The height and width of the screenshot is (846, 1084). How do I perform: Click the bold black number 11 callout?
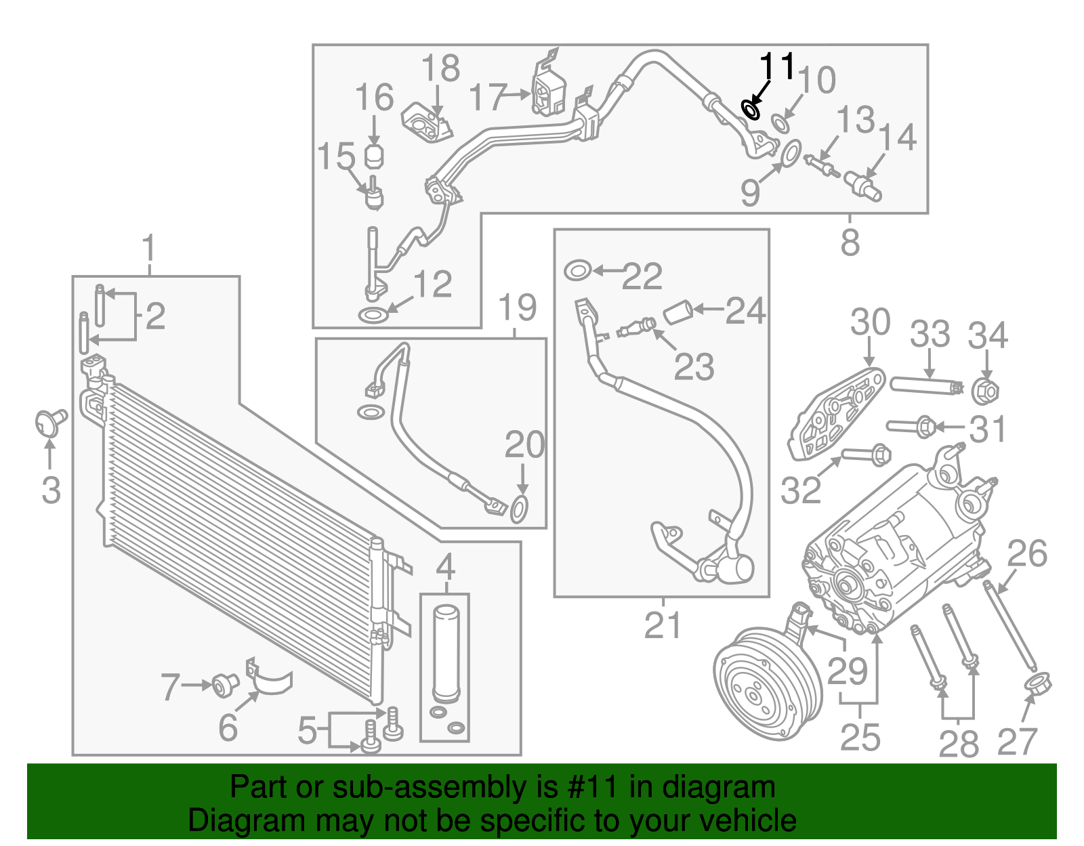pos(776,67)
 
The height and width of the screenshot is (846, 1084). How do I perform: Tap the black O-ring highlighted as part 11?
pos(750,109)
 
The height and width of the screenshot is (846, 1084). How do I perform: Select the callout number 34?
pos(988,336)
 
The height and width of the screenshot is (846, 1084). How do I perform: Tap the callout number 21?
pos(662,625)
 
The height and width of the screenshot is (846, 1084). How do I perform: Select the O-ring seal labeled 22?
pos(577,270)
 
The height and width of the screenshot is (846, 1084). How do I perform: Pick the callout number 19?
pos(518,308)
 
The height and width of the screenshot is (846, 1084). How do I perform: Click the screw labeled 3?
pos(50,422)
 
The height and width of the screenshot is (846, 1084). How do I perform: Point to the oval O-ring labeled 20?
pos(519,509)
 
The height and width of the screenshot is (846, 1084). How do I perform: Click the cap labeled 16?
pos(374,156)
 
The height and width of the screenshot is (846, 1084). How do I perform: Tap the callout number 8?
pos(850,242)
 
